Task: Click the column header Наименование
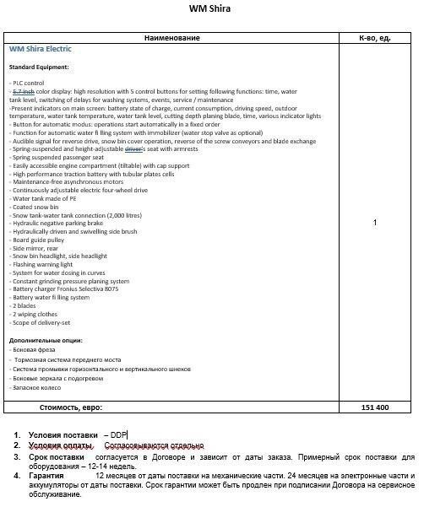[171, 38]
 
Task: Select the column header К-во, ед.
[374, 38]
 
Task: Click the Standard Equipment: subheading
[39, 67]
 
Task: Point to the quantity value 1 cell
[374, 223]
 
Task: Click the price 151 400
[374, 407]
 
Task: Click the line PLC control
[28, 83]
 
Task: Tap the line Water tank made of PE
[43, 198]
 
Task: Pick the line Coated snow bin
[35, 207]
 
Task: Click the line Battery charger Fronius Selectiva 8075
[65, 289]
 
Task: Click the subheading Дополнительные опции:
[46, 340]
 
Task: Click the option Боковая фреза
[35, 350]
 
